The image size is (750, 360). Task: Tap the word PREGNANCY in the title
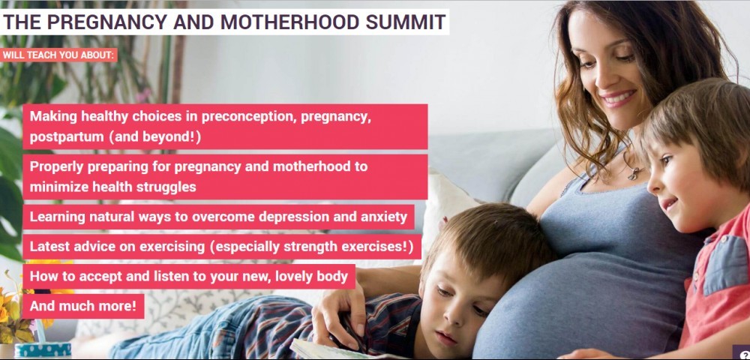pyautogui.click(x=106, y=22)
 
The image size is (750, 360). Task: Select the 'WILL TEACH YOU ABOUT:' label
pyautogui.click(x=58, y=55)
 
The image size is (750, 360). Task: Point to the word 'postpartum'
pyautogui.click(x=67, y=137)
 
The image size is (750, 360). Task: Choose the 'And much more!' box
pyautogui.click(x=83, y=306)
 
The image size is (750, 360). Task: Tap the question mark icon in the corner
pyautogui.click(x=744, y=354)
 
